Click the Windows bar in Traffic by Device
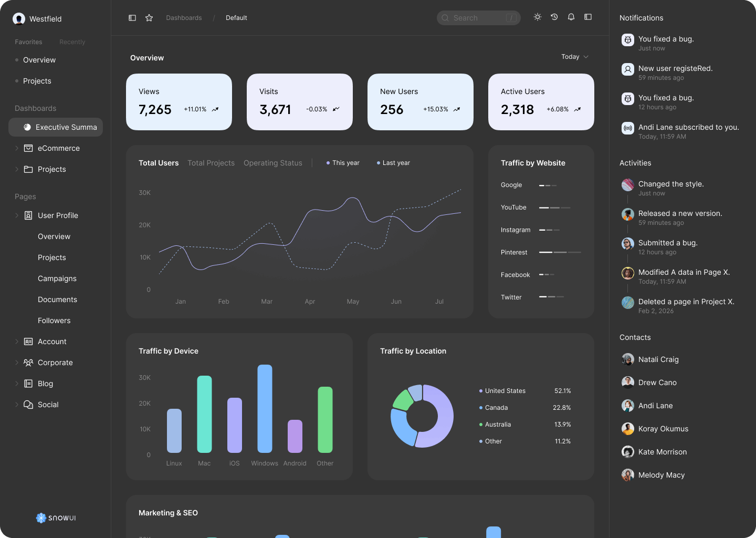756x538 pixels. click(x=265, y=409)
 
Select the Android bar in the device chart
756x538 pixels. click(x=295, y=436)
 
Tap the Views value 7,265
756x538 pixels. click(x=155, y=109)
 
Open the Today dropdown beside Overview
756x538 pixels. click(x=574, y=57)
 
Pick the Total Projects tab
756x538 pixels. click(x=211, y=163)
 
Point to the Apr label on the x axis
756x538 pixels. click(x=310, y=302)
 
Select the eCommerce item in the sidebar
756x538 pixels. click(x=58, y=148)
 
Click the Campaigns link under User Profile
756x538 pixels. click(x=57, y=278)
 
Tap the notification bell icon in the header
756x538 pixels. click(x=571, y=17)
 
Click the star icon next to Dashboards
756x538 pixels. click(x=149, y=18)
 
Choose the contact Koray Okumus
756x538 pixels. click(x=663, y=429)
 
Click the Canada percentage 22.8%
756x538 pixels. click(x=562, y=408)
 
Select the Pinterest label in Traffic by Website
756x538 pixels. click(x=514, y=252)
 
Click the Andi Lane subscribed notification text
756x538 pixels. click(x=688, y=127)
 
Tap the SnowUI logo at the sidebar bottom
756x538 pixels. click(x=56, y=518)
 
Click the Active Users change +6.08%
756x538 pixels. click(x=558, y=109)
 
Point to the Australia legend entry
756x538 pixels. click(x=498, y=425)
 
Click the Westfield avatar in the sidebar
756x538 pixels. click(x=19, y=19)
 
